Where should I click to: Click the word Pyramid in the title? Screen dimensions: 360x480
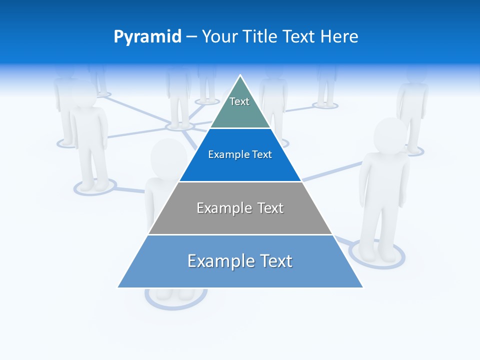[x=147, y=37]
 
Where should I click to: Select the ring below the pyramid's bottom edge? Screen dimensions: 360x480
[x=176, y=299]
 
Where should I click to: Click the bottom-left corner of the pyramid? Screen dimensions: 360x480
[x=118, y=287]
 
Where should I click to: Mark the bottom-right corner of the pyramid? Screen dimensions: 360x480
[x=362, y=287]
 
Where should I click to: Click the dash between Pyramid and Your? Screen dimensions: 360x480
[x=191, y=37]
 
